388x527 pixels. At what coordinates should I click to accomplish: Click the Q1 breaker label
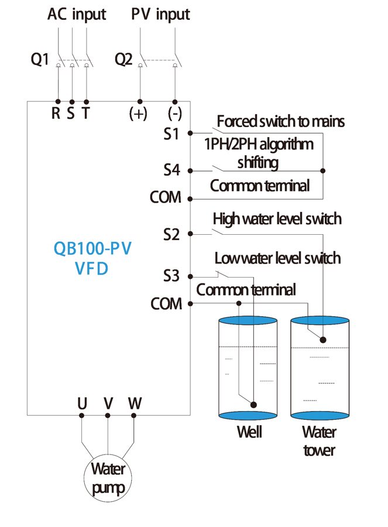coord(40,60)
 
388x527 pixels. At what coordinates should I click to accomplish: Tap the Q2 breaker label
coord(123,60)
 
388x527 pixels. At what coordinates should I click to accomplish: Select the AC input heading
coord(77,15)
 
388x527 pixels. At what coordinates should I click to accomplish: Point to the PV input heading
coord(160,15)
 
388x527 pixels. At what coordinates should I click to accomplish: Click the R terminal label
coord(56,113)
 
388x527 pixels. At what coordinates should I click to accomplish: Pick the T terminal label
coord(85,113)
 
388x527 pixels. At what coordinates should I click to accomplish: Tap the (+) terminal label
coord(138,114)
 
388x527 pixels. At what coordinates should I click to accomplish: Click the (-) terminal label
coord(174,114)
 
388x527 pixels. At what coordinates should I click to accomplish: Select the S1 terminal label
coord(171,134)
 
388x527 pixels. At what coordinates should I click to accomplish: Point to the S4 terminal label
coord(171,170)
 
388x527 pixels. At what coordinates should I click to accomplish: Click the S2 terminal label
coord(171,234)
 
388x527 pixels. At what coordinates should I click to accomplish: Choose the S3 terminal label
coord(171,276)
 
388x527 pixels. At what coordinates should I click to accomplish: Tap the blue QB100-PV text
coord(92,249)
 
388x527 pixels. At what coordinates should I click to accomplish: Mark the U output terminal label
coord(83,403)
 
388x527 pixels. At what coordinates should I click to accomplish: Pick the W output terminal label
coord(135,403)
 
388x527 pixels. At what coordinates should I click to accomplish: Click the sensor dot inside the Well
coord(253,405)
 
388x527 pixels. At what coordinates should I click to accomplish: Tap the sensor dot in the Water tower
coord(323,340)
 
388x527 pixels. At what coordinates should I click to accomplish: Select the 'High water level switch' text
coord(277,219)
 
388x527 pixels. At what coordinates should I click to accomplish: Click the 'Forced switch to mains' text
coord(280,121)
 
